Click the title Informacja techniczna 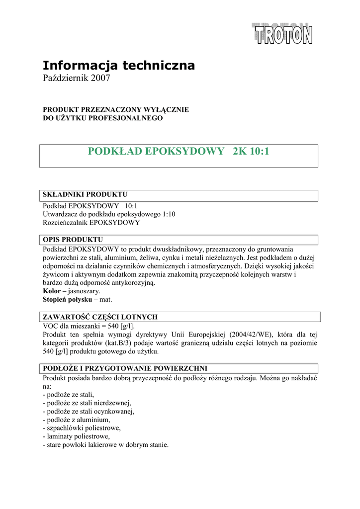pos(119,65)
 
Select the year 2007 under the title pos(99,79)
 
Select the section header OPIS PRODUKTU pos(73,239)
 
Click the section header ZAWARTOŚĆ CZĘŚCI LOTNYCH pos(100,317)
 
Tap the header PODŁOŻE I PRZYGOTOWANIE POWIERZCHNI pos(125,368)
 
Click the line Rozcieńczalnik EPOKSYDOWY pos(91,223)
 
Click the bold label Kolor pos(52,291)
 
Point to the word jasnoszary pos(85,291)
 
